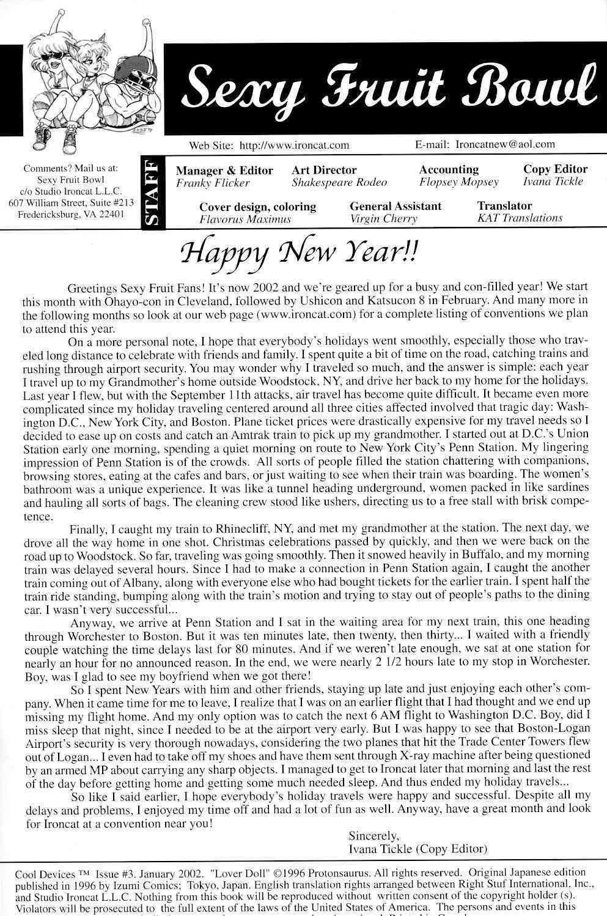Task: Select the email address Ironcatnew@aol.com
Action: [x=505, y=144]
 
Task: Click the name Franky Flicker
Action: [x=213, y=183]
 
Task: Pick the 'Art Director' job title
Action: [x=324, y=170]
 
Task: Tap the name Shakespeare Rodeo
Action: [x=339, y=182]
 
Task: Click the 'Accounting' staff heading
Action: [x=449, y=169]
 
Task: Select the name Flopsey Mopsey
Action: [x=459, y=182]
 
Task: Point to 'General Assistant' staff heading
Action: [x=395, y=206]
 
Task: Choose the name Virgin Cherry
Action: [x=384, y=218]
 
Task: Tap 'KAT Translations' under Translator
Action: [x=520, y=218]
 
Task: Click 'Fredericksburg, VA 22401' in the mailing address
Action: [x=72, y=215]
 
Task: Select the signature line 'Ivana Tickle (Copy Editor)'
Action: [x=418, y=849]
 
